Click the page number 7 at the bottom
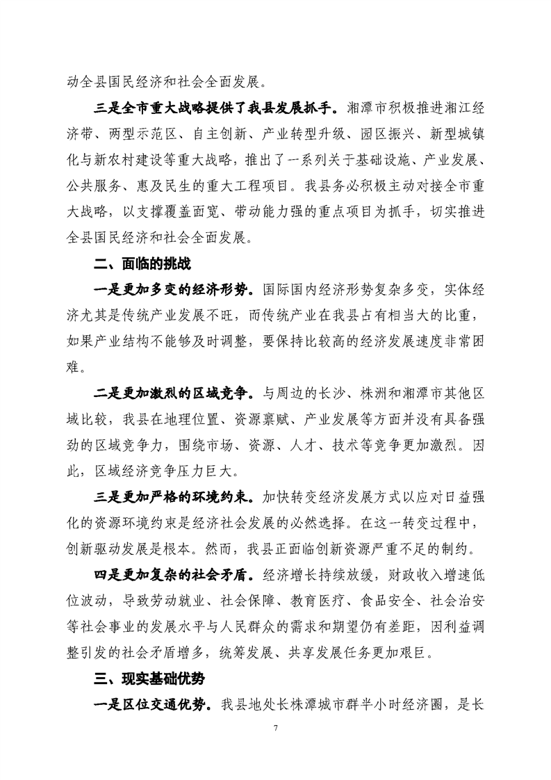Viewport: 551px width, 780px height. point(276,747)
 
